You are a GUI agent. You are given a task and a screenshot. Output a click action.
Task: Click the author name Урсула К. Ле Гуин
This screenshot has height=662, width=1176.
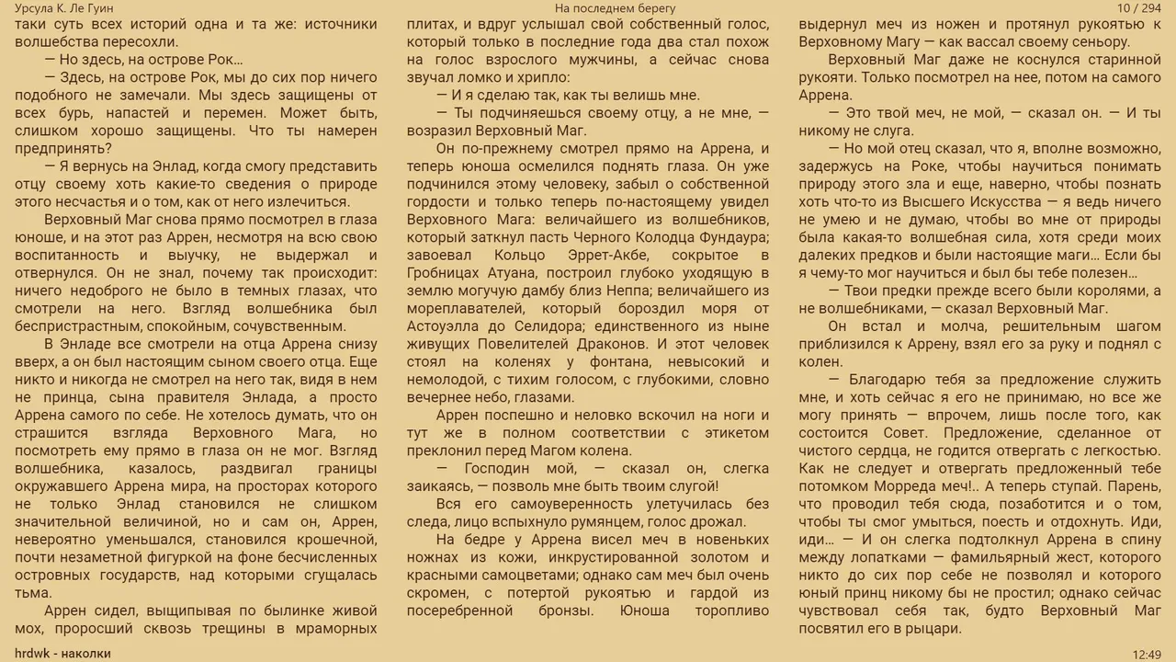[x=64, y=8]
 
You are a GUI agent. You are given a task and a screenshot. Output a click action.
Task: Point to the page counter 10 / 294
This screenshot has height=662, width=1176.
[x=1139, y=8]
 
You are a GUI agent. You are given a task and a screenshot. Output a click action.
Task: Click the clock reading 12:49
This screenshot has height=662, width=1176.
[x=1148, y=654]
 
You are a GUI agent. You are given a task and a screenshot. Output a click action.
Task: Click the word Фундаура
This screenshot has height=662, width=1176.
[x=732, y=237]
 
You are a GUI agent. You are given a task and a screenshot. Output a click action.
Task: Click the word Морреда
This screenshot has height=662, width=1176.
[x=896, y=486]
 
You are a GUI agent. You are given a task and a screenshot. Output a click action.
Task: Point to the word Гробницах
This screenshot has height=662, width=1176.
[x=447, y=273]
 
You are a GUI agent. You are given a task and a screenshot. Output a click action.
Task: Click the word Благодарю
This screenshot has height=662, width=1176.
[x=889, y=380]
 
